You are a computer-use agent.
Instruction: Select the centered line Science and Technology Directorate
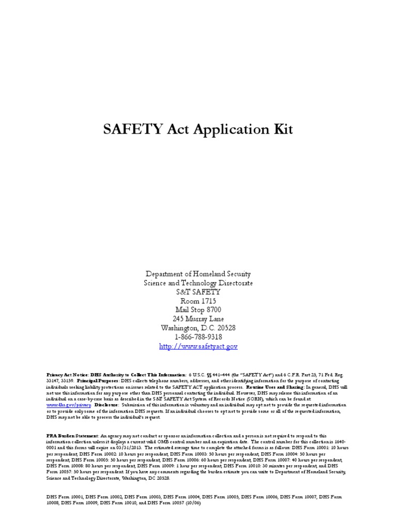[x=198, y=283]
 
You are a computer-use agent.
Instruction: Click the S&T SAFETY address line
[x=198, y=292]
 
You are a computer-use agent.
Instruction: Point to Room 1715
[x=198, y=301]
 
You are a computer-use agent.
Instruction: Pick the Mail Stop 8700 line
[x=198, y=310]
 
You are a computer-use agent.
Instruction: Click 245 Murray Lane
[x=198, y=319]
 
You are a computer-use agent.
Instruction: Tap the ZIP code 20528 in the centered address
[x=225, y=328]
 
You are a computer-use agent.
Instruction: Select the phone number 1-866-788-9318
[x=198, y=337]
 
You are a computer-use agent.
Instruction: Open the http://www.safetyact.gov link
[x=198, y=346]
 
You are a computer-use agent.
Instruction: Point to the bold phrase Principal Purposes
[x=98, y=380]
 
